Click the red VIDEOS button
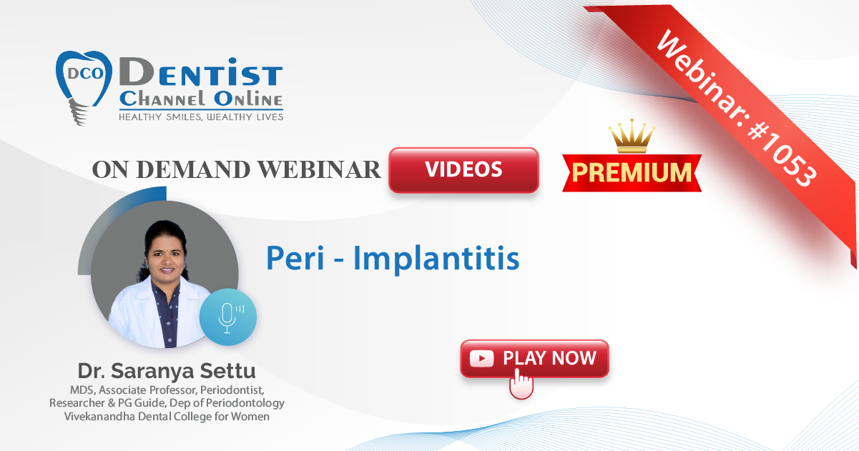[x=463, y=169]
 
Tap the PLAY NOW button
[x=534, y=359]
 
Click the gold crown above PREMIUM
[x=632, y=136]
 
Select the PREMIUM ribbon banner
[x=632, y=173]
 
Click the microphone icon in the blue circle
[x=227, y=317]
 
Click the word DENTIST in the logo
[x=201, y=72]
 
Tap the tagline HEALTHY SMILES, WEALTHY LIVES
[x=201, y=117]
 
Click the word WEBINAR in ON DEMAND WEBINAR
[x=319, y=169]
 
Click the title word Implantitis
[x=436, y=258]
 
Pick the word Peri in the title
[x=295, y=258]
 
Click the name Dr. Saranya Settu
[x=167, y=371]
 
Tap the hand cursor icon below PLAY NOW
[x=521, y=384]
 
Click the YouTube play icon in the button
[x=481, y=359]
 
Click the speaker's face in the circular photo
[x=167, y=256]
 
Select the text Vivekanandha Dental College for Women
[x=167, y=417]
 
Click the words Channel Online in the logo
[x=201, y=99]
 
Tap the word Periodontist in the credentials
[x=232, y=390]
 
